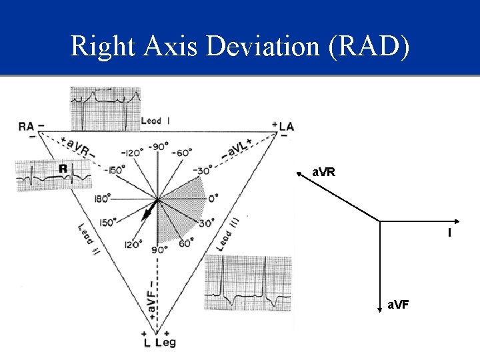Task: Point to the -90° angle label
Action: [x=159, y=147]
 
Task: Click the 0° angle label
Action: [x=213, y=198]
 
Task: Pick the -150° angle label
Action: [x=116, y=170]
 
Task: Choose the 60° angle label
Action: [x=185, y=243]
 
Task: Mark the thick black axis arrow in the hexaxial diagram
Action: [x=148, y=212]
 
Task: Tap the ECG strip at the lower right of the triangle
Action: [x=249, y=283]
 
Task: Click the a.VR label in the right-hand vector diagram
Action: [x=323, y=172]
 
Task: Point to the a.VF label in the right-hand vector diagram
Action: [x=399, y=305]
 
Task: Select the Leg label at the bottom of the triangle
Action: [x=165, y=343]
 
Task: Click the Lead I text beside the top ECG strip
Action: [x=155, y=121]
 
